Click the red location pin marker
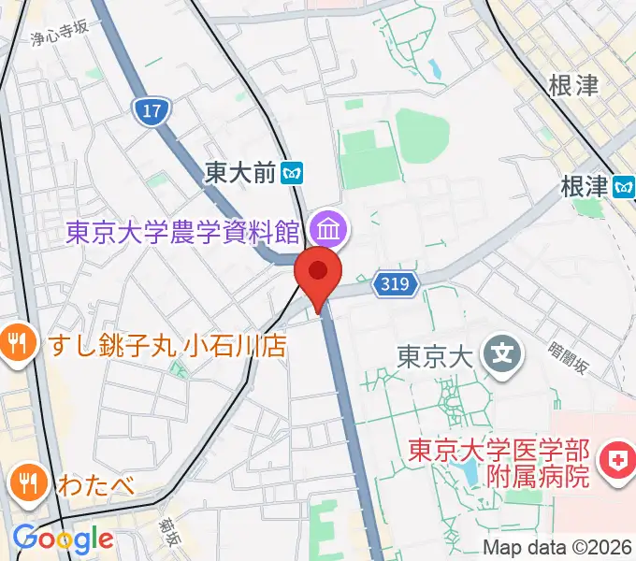click(x=318, y=273)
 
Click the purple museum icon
click(x=328, y=226)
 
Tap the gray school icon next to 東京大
click(x=500, y=353)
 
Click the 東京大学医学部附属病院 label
click(x=499, y=462)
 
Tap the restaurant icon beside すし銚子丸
click(x=16, y=341)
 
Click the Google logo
click(x=63, y=539)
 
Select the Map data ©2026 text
click(x=557, y=548)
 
